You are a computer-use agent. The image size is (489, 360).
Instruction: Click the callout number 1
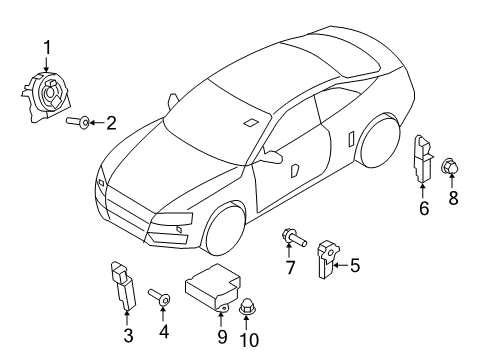pyautogui.click(x=47, y=48)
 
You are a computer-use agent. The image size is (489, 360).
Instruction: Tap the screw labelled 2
pyautogui.click(x=78, y=122)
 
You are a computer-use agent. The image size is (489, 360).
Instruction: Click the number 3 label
pyautogui.click(x=128, y=335)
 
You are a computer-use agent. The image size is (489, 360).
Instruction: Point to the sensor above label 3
pyautogui.click(x=123, y=286)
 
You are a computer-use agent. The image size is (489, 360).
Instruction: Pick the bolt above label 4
pyautogui.click(x=159, y=296)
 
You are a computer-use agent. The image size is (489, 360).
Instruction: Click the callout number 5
pyautogui.click(x=355, y=266)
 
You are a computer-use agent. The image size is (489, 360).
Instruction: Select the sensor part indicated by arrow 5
pyautogui.click(x=327, y=259)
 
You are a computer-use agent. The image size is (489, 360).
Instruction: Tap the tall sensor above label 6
pyautogui.click(x=423, y=159)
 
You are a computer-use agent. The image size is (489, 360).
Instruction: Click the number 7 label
pyautogui.click(x=290, y=267)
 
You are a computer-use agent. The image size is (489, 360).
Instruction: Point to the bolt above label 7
pyautogui.click(x=294, y=237)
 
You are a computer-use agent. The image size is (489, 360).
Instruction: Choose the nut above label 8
pyautogui.click(x=451, y=166)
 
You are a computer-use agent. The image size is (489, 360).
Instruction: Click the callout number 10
pyautogui.click(x=249, y=340)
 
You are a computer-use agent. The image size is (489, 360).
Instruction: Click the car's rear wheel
pyautogui.click(x=379, y=141)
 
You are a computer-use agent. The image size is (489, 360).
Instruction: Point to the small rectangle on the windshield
pyautogui.click(x=250, y=123)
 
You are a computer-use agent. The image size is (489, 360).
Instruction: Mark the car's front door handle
pyautogui.click(x=295, y=170)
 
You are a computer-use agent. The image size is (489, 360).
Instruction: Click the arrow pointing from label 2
pyautogui.click(x=97, y=123)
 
